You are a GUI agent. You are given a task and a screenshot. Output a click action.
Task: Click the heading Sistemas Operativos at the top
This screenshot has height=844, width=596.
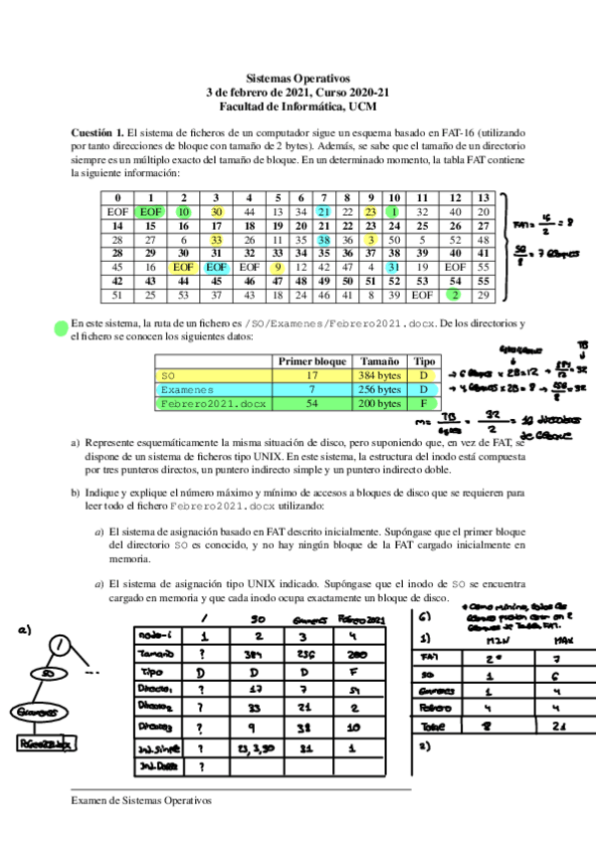tap(298, 77)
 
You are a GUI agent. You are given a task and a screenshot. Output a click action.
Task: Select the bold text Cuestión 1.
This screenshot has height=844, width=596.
tap(98, 132)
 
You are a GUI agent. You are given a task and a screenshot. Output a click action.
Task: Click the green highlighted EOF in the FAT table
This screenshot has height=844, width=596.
tap(150, 212)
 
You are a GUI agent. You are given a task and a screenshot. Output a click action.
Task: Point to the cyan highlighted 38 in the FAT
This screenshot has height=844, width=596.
tap(323, 240)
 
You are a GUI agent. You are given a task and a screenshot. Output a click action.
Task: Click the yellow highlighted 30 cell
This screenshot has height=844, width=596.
tap(216, 212)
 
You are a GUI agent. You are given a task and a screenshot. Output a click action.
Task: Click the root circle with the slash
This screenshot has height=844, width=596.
tap(62, 645)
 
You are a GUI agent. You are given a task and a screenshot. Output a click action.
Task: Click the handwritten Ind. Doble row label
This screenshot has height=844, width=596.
tap(156, 767)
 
